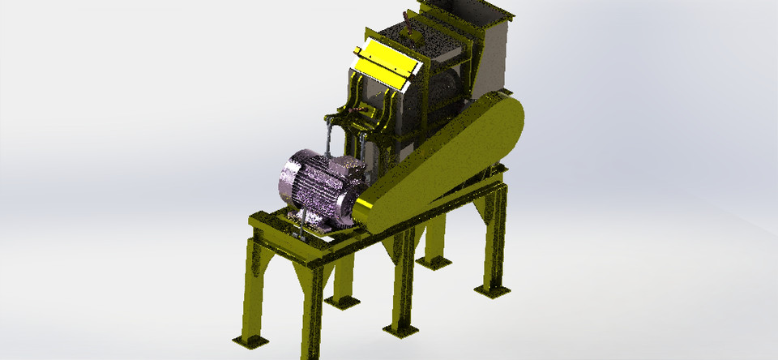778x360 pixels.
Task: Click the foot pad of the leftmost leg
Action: tap(250, 339)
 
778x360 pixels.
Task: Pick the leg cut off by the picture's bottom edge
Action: tap(312, 324)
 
